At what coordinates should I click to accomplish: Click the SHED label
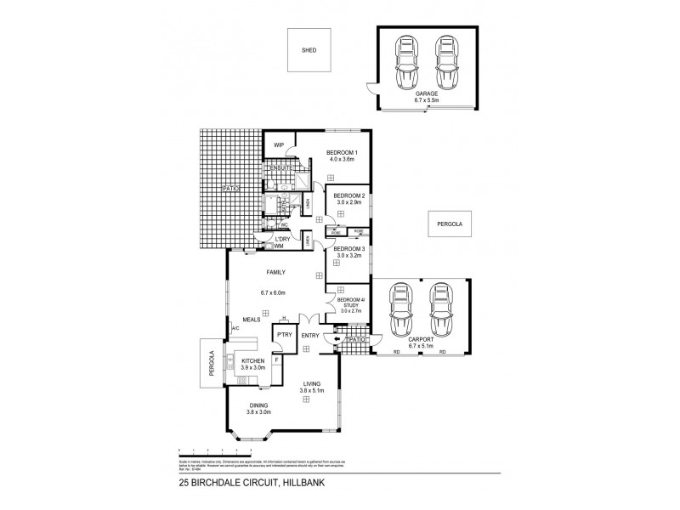click(x=309, y=50)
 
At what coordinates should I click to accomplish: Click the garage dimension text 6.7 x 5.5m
click(x=428, y=100)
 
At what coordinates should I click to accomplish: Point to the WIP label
click(x=278, y=145)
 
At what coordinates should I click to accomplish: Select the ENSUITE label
click(x=280, y=169)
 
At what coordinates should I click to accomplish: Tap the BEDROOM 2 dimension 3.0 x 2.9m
click(x=349, y=202)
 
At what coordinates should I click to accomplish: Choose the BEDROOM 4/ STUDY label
click(x=350, y=303)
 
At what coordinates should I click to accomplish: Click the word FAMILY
click(x=275, y=272)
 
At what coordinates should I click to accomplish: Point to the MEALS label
click(x=251, y=320)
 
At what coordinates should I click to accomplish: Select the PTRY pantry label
click(x=282, y=336)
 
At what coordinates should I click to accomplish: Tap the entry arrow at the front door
click(x=336, y=340)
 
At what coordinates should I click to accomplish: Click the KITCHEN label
click(x=253, y=361)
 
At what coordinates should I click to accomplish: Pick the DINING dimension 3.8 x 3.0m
click(x=258, y=412)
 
